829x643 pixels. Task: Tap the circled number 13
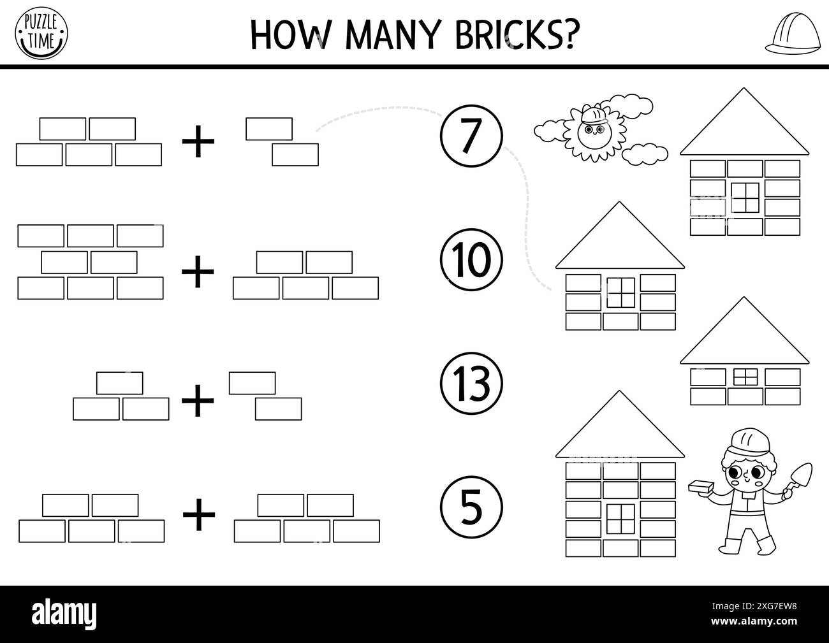(471, 383)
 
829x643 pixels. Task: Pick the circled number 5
(471, 507)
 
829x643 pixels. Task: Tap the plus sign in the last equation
(200, 516)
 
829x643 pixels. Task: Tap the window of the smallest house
(744, 377)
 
